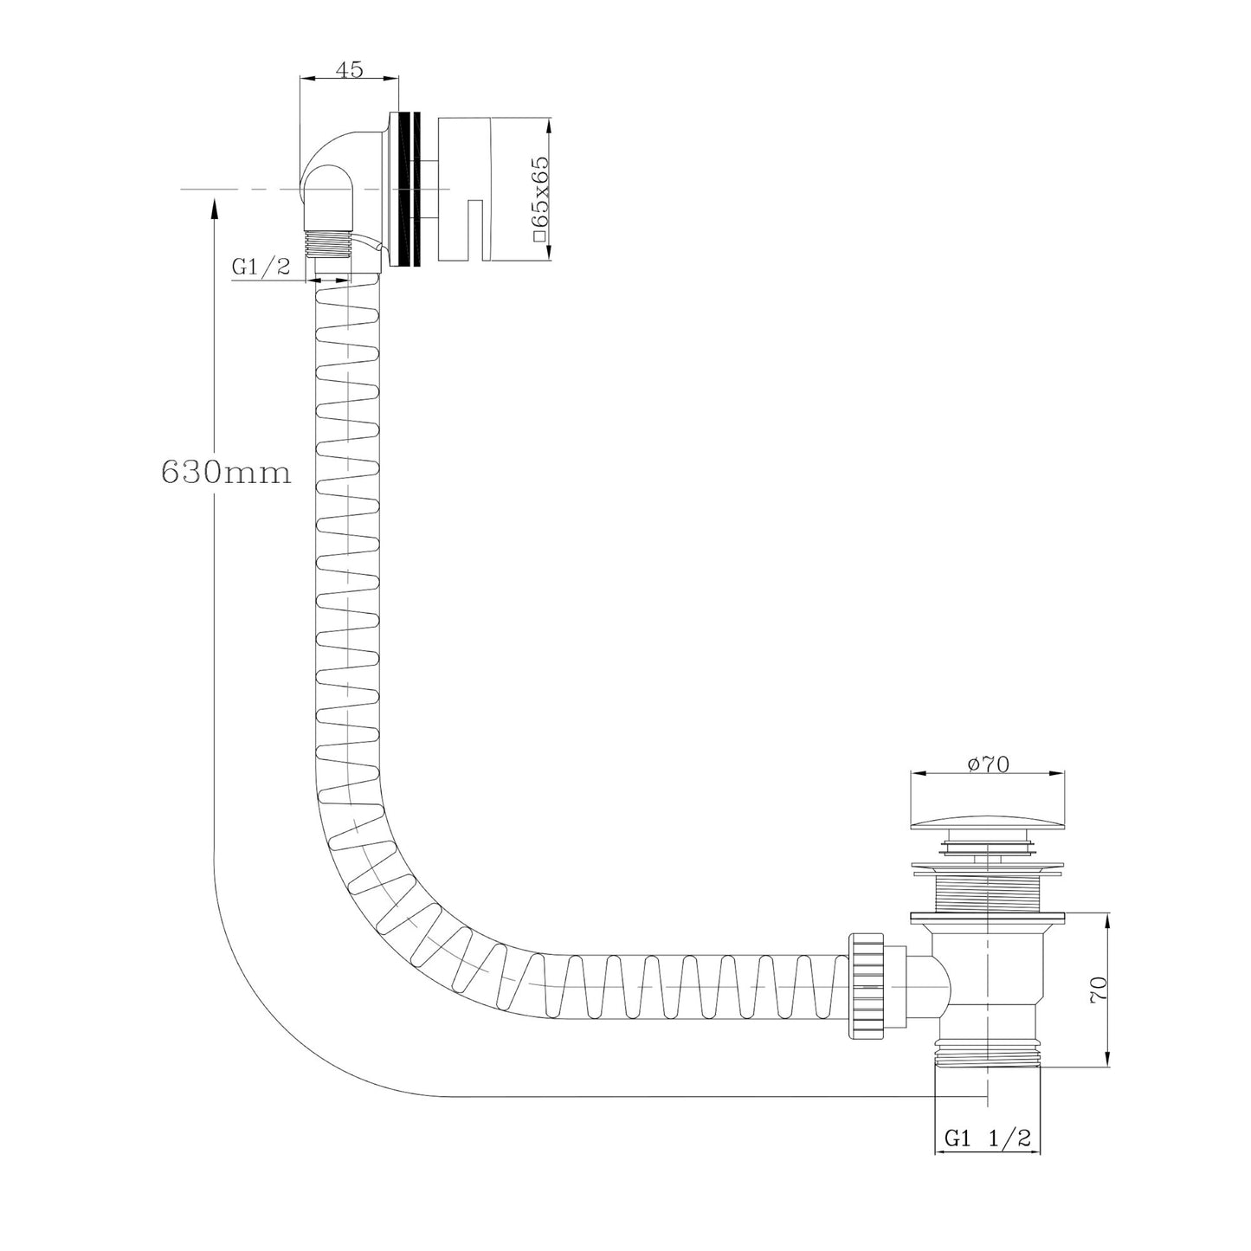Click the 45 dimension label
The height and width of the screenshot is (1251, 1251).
349,69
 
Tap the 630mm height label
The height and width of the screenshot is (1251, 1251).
225,473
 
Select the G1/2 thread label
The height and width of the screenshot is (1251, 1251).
260,267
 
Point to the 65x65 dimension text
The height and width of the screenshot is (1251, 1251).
541,186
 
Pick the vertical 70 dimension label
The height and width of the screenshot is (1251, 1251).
1098,989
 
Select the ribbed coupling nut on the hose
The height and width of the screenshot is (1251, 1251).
867,984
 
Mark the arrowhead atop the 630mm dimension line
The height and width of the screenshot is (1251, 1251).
214,206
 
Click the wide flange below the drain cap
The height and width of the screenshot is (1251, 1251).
986,867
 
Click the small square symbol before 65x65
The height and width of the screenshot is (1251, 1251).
540,234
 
